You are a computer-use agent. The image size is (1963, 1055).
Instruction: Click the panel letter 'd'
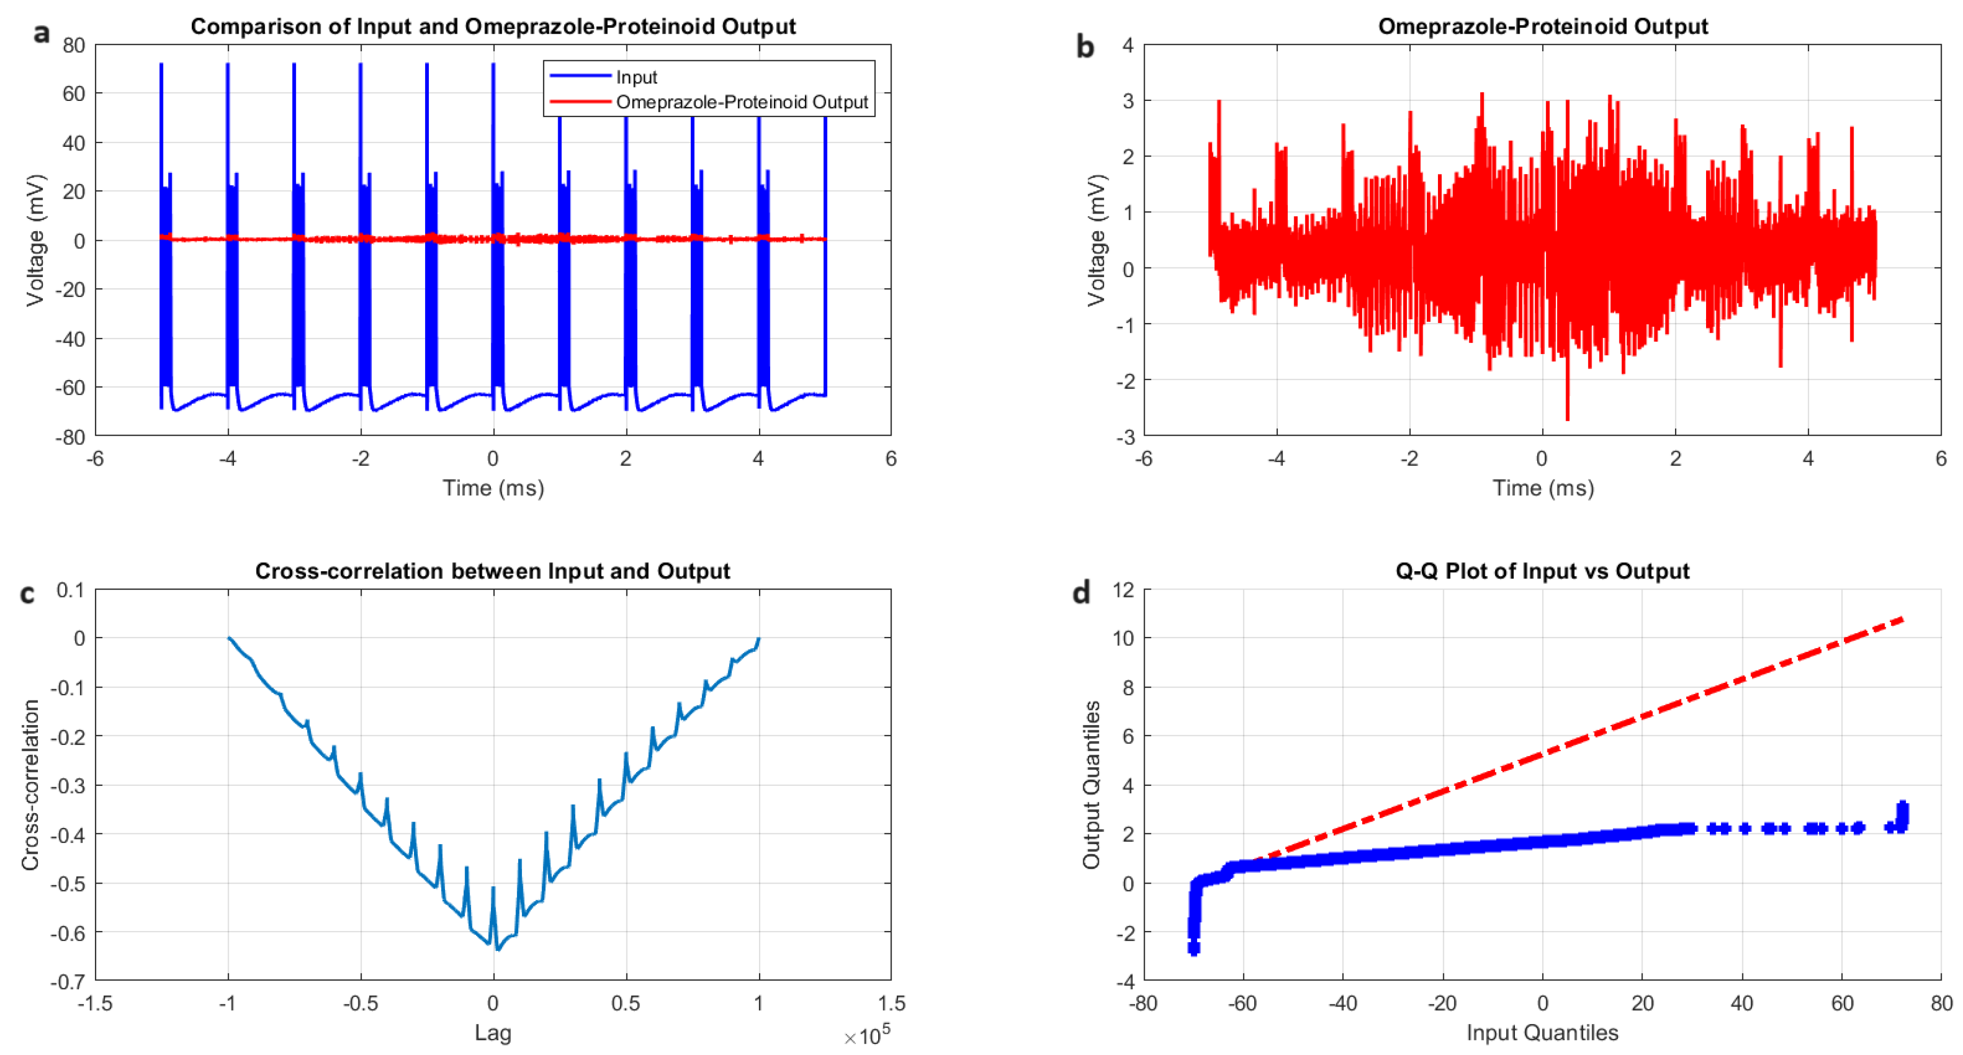[1081, 592]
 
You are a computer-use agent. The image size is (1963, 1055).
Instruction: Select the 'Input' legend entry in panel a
[636, 77]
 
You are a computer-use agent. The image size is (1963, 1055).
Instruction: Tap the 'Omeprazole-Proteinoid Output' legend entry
[741, 102]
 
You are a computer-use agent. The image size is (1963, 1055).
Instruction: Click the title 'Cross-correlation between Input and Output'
[492, 571]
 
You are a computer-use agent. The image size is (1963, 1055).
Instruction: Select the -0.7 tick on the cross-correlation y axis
[68, 981]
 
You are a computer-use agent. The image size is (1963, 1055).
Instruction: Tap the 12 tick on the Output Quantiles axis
[1123, 589]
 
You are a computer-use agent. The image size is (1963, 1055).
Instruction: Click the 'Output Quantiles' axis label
[1091, 785]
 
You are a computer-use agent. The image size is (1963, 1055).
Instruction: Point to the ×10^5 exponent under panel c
[867, 1036]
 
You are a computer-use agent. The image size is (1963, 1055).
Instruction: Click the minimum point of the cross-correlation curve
[498, 949]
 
